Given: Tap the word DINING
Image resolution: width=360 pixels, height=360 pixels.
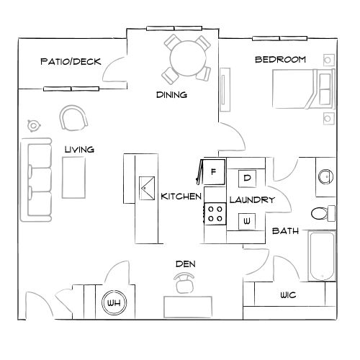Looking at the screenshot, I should pos(172,94).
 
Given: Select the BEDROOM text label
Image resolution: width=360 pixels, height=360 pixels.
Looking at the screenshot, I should pos(280,59).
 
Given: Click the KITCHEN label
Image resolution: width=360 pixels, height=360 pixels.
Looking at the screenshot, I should pos(180,197).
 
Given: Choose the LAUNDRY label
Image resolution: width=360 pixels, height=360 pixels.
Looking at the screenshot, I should pos(251,199).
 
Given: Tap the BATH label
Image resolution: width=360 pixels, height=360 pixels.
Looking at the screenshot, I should pos(285,231).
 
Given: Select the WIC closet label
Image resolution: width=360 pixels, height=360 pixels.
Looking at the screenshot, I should pos(287,296).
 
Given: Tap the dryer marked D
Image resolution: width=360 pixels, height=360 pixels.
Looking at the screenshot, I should pos(247,177).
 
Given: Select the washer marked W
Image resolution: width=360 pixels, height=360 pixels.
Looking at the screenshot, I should pos(246,220).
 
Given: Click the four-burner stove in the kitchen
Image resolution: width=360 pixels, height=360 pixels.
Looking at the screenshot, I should pos(215,214).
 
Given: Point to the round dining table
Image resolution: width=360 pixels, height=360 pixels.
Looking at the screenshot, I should pos(185,55).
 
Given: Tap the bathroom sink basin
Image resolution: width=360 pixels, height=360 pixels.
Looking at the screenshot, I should pos(325,176).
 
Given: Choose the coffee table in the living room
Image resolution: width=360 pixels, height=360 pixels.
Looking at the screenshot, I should pos(72,177).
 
